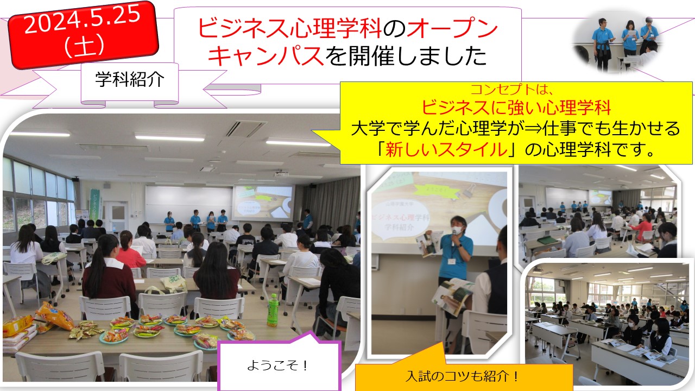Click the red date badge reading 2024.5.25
(x=83, y=34)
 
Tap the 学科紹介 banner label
(x=130, y=80)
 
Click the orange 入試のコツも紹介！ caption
(x=462, y=376)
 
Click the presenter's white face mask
(x=456, y=230)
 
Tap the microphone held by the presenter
(x=453, y=238)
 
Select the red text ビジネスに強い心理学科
(x=516, y=108)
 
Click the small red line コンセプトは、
(x=511, y=90)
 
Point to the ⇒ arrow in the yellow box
(x=533, y=128)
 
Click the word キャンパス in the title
(x=266, y=56)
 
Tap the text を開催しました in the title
(x=406, y=56)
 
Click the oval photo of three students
(x=617, y=42)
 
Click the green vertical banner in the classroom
(x=95, y=205)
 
